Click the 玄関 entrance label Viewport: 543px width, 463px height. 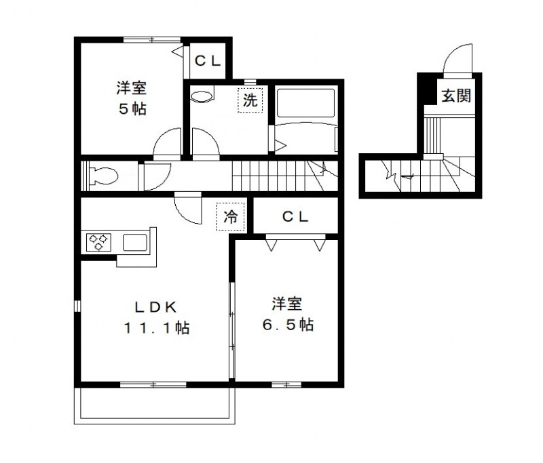tap(456, 96)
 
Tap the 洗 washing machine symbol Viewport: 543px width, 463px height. tap(250, 101)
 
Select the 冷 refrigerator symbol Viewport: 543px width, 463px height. tap(231, 217)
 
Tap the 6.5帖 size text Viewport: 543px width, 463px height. tap(287, 325)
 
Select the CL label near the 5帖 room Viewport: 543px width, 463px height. tap(208, 61)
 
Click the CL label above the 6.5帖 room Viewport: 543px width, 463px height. tap(296, 217)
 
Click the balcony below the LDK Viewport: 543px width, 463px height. tap(156, 404)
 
